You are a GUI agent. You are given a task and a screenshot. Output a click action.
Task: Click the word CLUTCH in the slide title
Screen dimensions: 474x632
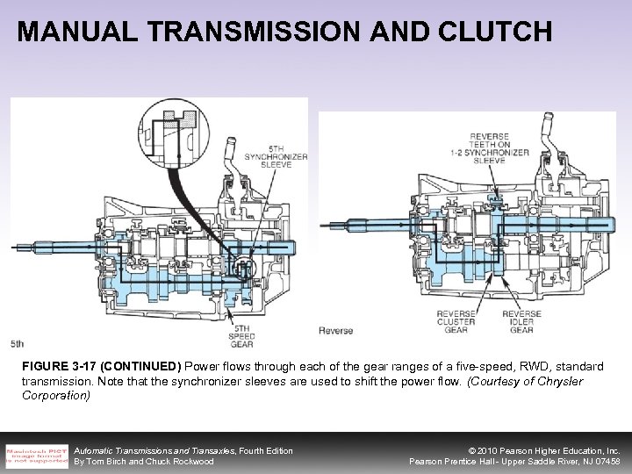point(495,32)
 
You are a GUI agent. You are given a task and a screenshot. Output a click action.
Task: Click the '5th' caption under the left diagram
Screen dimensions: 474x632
point(18,342)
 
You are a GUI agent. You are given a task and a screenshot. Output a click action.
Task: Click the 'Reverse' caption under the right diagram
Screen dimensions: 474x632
point(335,331)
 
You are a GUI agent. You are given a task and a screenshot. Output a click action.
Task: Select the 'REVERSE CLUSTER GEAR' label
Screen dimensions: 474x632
point(462,321)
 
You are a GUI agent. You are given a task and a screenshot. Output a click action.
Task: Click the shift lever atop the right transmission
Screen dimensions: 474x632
point(548,132)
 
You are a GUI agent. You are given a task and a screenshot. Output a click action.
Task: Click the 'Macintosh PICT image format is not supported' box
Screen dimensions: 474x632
point(35,454)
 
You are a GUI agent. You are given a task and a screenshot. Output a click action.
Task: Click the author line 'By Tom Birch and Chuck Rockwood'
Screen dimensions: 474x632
point(145,462)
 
